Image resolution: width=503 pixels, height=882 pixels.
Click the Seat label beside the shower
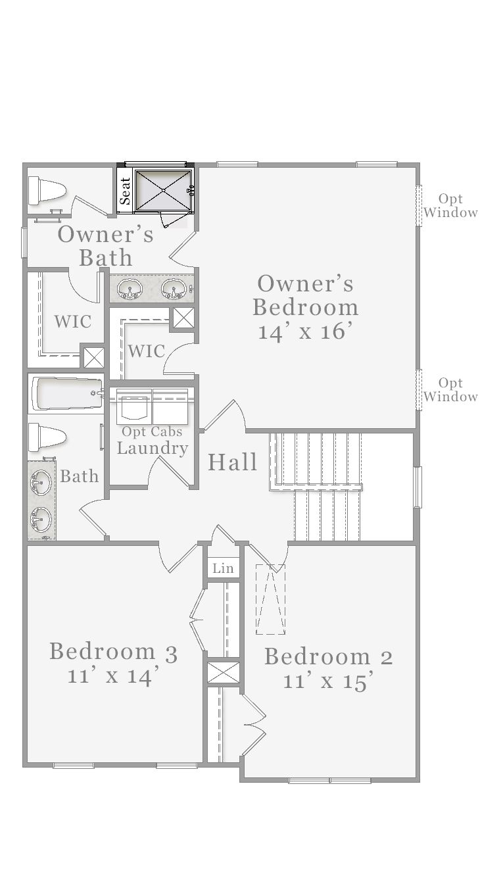pos(125,191)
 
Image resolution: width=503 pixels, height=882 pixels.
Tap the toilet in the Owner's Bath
pos(46,191)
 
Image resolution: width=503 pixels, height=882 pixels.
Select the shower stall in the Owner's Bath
pos(163,190)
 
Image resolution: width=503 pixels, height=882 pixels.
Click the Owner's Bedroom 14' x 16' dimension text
pos(306,331)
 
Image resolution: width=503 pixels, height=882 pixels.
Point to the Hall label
pos(232,462)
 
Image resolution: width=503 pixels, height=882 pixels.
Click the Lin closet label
pos(223,568)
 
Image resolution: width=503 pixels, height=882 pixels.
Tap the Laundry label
pos(153,449)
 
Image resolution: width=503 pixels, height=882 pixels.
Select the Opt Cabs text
pos(152,431)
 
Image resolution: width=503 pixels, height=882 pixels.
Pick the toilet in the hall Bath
pos(47,437)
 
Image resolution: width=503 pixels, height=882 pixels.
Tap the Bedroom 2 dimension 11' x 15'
pos(328,680)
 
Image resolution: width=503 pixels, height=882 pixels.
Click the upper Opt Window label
pos(450,206)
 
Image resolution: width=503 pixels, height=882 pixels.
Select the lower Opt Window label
pos(450,389)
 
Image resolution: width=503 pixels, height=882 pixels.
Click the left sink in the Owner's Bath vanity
pos(129,289)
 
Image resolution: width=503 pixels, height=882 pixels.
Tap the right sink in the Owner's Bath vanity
pos(174,289)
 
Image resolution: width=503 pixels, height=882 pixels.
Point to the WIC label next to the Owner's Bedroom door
pos(147,351)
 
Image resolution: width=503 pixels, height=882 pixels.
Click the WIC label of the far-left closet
pos(73,322)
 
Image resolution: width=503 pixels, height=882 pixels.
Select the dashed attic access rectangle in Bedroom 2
pos(270,599)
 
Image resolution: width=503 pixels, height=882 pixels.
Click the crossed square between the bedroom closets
pos(223,673)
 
